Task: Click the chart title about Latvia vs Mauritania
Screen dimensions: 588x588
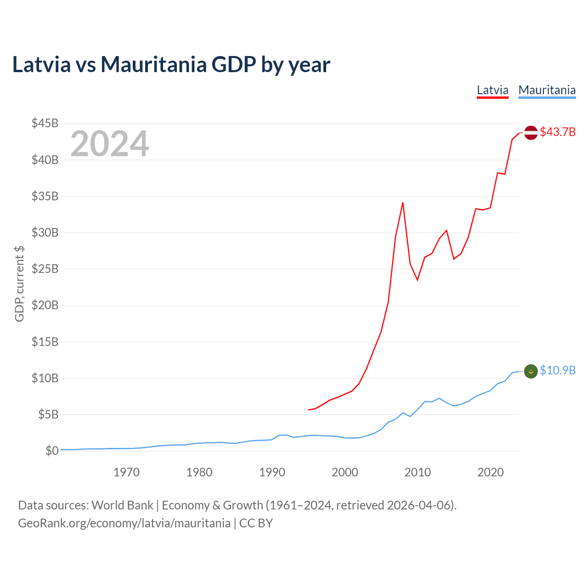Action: (x=171, y=65)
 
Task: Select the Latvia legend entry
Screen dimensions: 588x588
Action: (x=492, y=90)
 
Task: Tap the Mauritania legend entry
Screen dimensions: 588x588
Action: (x=547, y=90)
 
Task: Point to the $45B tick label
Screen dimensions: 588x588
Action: (x=45, y=123)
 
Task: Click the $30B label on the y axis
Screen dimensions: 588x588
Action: (x=45, y=232)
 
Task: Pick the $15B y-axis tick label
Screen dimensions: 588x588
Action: (x=45, y=342)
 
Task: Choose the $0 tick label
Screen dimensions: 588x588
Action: (x=52, y=451)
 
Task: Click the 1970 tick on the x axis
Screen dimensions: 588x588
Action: (x=126, y=472)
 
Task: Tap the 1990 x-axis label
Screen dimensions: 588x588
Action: (x=272, y=472)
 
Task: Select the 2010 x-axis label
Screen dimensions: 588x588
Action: (x=418, y=472)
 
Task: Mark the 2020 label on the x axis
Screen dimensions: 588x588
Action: (x=490, y=472)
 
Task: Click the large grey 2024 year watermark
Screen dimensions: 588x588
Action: (x=109, y=144)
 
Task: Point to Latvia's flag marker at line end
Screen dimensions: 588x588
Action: (x=531, y=132)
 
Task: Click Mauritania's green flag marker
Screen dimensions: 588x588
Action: (x=531, y=371)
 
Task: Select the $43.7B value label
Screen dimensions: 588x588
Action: (x=558, y=132)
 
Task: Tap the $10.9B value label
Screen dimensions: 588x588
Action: (x=558, y=371)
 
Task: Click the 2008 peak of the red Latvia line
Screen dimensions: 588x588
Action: (x=403, y=203)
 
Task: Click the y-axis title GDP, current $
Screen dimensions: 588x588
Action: (x=19, y=283)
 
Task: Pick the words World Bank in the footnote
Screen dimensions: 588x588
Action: (x=122, y=505)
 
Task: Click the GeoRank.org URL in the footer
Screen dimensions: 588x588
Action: (x=124, y=523)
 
